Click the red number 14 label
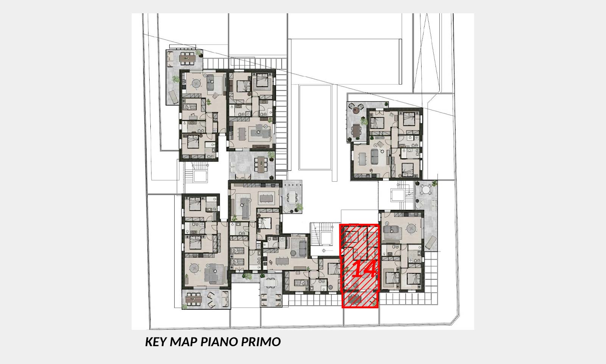(365, 269)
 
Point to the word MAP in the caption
(184, 342)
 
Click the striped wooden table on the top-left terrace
(187, 58)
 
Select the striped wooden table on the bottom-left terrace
(194, 299)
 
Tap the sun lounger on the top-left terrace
(172, 96)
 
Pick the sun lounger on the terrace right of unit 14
(431, 242)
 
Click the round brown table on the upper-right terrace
(356, 110)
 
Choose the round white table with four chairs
(426, 190)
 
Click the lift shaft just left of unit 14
(326, 238)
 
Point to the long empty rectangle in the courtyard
(315, 127)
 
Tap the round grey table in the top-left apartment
(196, 83)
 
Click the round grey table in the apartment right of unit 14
(411, 229)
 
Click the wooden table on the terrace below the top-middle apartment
(261, 165)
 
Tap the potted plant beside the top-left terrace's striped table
(199, 53)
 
